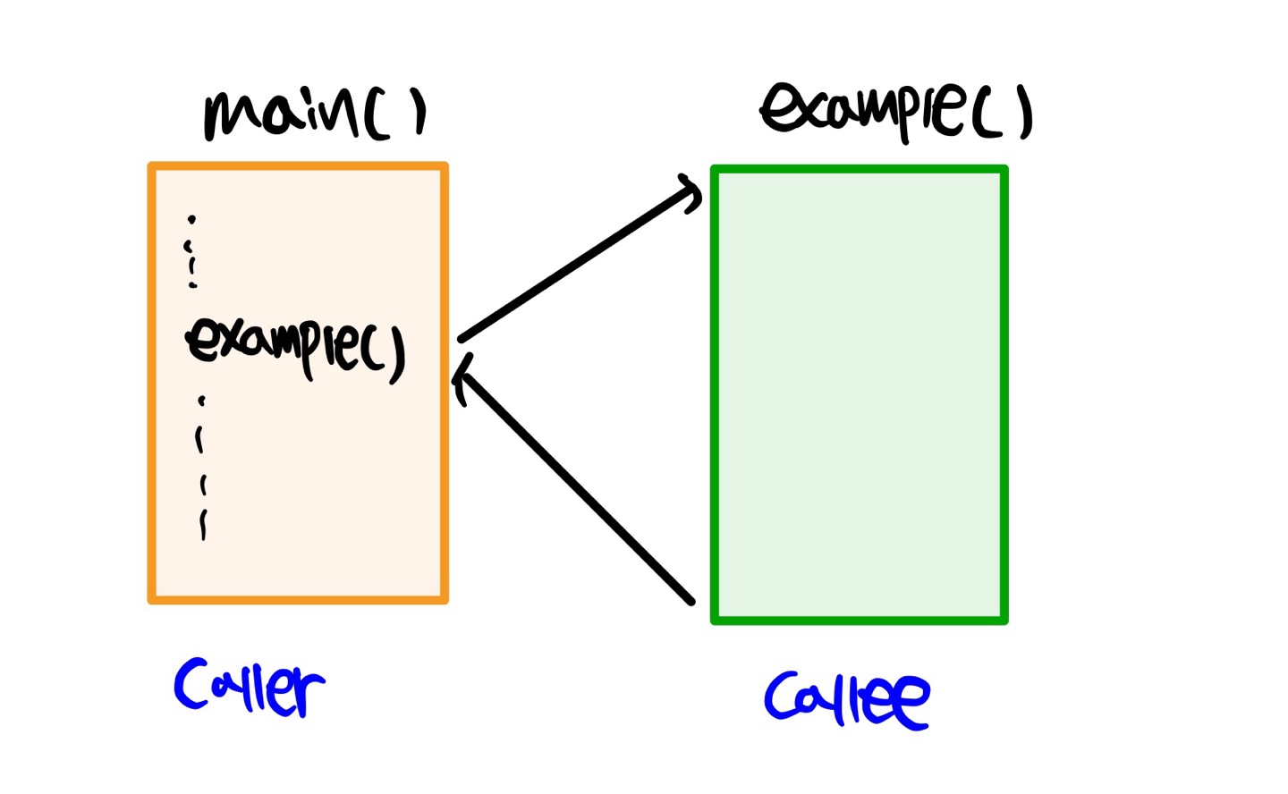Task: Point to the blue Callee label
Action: coord(846,699)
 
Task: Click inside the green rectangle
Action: coord(860,393)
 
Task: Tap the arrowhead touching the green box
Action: coord(691,191)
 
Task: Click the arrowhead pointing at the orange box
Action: coord(462,378)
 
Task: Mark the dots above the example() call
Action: coord(191,251)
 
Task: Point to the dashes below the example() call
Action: coord(202,469)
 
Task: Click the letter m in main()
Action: coord(231,117)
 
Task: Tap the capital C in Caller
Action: coord(192,684)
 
